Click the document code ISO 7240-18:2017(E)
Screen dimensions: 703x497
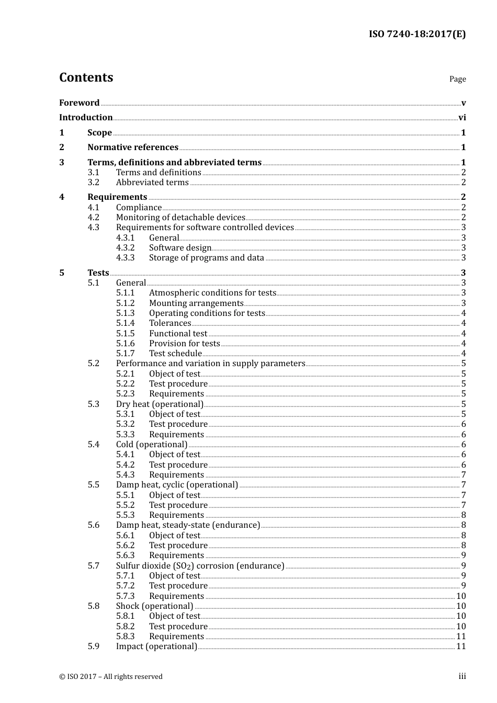click(417, 35)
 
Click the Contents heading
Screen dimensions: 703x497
click(86, 77)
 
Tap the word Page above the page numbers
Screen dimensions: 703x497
click(457, 79)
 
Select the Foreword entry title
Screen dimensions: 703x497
click(79, 103)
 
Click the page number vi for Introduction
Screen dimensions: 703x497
click(462, 118)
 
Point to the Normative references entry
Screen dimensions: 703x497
click(133, 148)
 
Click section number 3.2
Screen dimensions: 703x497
click(94, 183)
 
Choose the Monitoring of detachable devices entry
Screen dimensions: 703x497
click(180, 218)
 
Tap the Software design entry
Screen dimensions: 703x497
click(180, 248)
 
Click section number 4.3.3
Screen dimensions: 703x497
click(126, 258)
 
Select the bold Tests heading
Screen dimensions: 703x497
click(98, 273)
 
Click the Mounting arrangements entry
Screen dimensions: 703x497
click(196, 303)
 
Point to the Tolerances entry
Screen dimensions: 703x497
click(170, 323)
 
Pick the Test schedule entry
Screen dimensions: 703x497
click(175, 354)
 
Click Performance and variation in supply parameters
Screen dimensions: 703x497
click(210, 364)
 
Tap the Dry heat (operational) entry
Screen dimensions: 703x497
click(160, 404)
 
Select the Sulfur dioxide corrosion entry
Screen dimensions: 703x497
click(200, 566)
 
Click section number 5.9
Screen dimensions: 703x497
click(94, 647)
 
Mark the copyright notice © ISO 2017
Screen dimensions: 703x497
click(111, 677)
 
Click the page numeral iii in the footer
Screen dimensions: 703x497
click(462, 676)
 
